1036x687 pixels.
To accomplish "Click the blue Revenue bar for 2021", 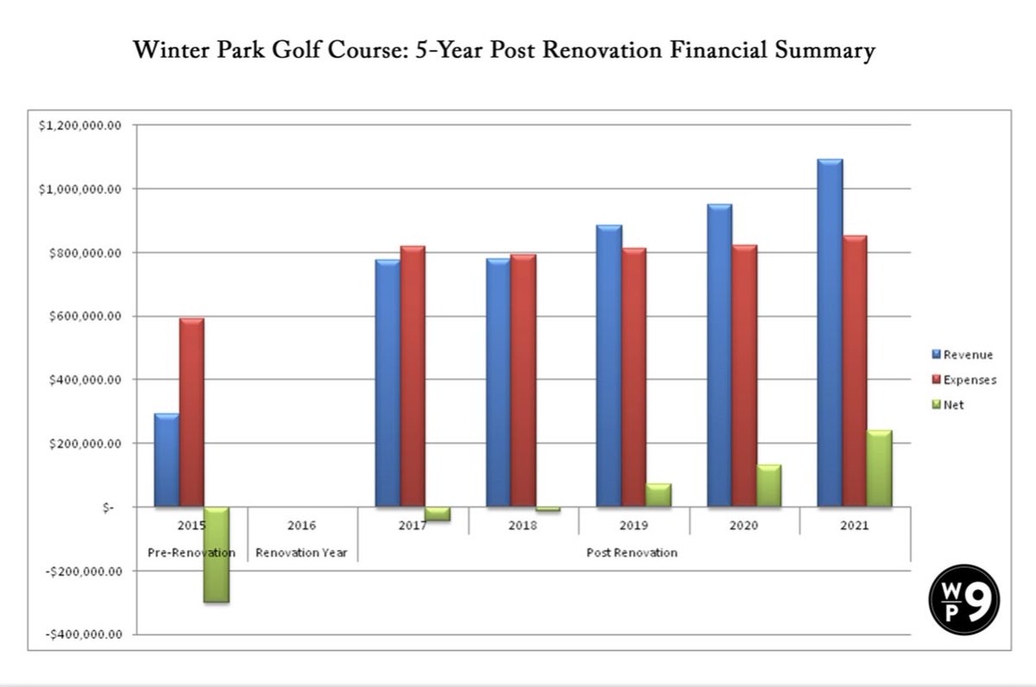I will pyautogui.click(x=830, y=333).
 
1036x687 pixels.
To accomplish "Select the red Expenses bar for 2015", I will pyautogui.click(x=192, y=413).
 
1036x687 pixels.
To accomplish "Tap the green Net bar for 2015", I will pyautogui.click(x=217, y=554).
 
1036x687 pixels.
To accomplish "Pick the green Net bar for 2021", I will pyautogui.click(x=879, y=468).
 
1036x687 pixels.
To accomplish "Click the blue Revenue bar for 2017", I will pyautogui.click(x=388, y=383).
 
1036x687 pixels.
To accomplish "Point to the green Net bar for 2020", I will pyautogui.click(x=768, y=485).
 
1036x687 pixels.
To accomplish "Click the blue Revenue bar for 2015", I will pyautogui.click(x=167, y=460).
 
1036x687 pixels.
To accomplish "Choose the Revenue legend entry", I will pyautogui.click(x=962, y=355).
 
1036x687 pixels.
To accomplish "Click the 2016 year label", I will pyautogui.click(x=301, y=526).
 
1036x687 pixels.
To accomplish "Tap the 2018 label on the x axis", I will pyautogui.click(x=523, y=526).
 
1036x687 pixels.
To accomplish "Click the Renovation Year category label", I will pyautogui.click(x=301, y=553).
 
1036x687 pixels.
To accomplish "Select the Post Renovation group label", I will pyautogui.click(x=632, y=553).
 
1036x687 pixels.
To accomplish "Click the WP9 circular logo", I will pyautogui.click(x=964, y=601).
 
